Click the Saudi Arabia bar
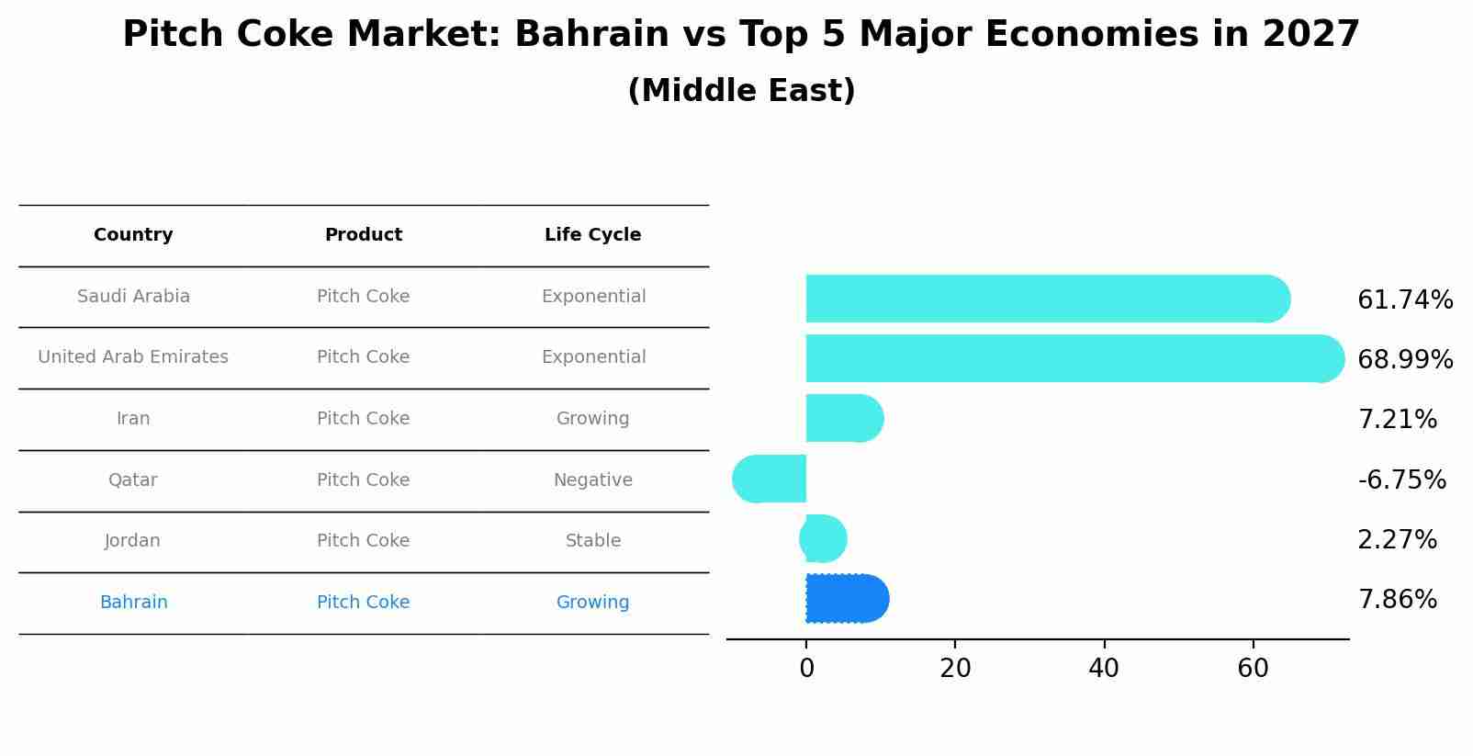point(1047,299)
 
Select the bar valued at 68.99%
point(1074,358)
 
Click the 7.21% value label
point(1397,420)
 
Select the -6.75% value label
point(1401,480)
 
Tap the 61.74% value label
point(1405,300)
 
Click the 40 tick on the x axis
point(1104,669)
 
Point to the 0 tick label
point(806,669)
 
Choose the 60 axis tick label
point(1253,669)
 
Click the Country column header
point(133,235)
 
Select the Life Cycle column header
point(592,235)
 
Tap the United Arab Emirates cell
point(133,357)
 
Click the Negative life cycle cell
point(592,480)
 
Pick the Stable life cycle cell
point(592,541)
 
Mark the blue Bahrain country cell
point(133,603)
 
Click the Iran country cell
point(133,419)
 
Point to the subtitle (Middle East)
point(741,91)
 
